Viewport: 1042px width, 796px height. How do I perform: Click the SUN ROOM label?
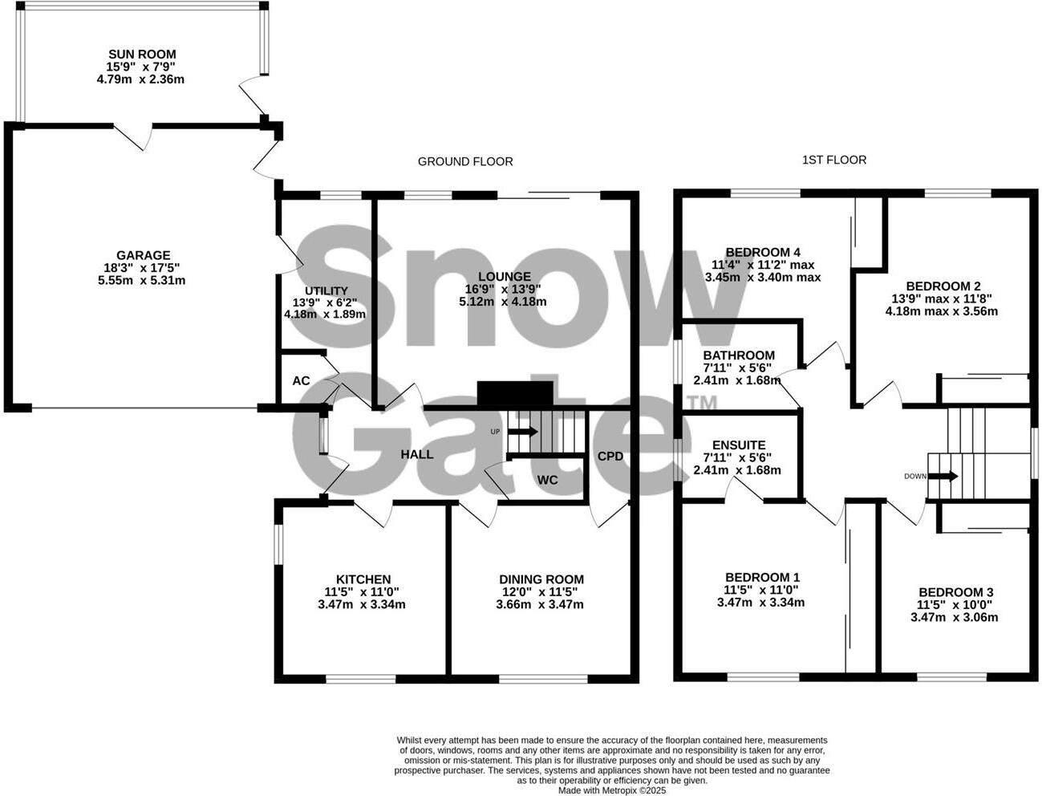(x=142, y=55)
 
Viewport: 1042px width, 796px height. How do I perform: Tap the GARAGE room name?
(x=142, y=256)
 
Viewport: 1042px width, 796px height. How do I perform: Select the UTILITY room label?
(x=326, y=290)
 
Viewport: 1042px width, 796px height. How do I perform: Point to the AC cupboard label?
(x=301, y=380)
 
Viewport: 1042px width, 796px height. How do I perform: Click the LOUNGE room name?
(x=503, y=276)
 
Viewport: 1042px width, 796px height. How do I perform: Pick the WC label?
(x=547, y=480)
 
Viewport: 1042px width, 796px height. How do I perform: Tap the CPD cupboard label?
(x=610, y=457)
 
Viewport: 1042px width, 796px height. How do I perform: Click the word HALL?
(x=417, y=454)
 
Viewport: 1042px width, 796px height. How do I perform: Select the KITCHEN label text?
(x=363, y=579)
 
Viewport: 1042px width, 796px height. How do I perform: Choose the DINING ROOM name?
(x=541, y=579)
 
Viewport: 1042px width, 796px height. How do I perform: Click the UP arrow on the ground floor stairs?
(x=523, y=431)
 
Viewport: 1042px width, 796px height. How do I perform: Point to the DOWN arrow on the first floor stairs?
(x=943, y=476)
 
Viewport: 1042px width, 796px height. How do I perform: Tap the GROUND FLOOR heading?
(x=465, y=161)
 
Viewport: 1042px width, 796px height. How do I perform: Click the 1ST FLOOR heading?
(x=834, y=160)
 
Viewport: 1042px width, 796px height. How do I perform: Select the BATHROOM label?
(x=738, y=355)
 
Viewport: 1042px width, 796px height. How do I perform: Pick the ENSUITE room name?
(x=738, y=445)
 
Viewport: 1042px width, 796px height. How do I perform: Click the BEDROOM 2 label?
(x=943, y=286)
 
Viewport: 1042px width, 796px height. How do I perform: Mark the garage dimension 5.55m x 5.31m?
(x=142, y=281)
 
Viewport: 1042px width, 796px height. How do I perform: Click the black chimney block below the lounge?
(x=515, y=394)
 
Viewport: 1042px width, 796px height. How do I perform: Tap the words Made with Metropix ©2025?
(x=612, y=790)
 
